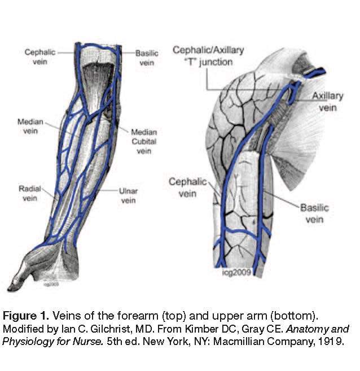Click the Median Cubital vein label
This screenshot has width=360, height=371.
tap(144, 141)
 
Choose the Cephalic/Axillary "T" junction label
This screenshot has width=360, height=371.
tap(209, 55)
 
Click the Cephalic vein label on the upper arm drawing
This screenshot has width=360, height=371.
tap(184, 187)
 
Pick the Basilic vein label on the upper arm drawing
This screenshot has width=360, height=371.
tap(314, 213)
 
